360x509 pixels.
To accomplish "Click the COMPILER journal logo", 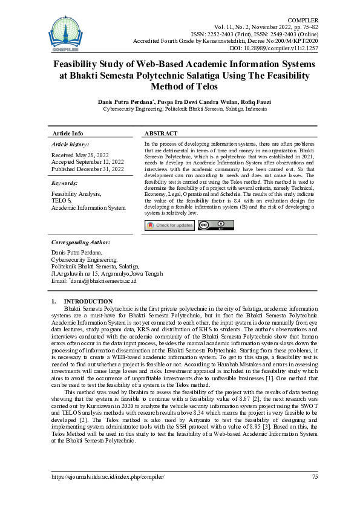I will (65, 31).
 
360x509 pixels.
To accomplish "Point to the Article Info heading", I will (68, 133).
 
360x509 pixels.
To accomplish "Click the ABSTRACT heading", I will (161, 133).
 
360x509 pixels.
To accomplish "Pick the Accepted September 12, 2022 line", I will (88, 161).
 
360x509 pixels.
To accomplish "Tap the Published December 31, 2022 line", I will (88, 169).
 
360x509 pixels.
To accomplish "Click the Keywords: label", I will (65, 182).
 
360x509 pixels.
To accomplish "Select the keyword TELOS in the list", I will (62, 200).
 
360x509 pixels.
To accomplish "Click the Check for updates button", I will (169, 225).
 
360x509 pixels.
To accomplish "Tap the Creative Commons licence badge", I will (216, 225).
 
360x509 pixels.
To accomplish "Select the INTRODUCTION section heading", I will (88, 301).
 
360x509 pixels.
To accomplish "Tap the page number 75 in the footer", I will (314, 477).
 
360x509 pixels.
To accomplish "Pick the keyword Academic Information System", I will (88, 207).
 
